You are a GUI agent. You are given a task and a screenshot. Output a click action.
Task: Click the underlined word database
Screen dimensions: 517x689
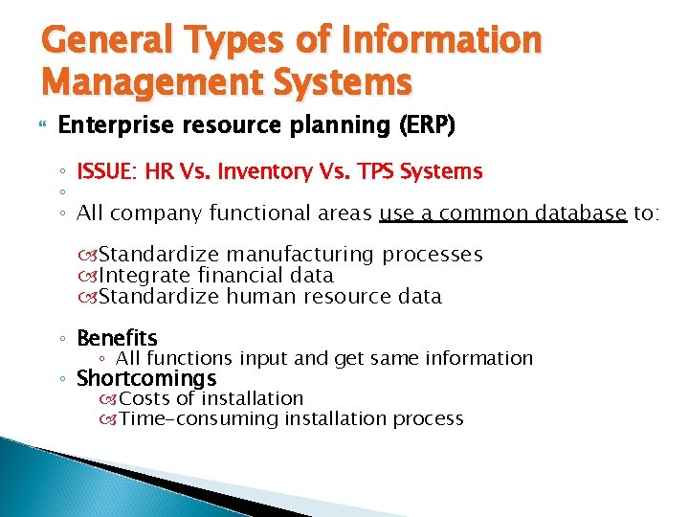point(572,213)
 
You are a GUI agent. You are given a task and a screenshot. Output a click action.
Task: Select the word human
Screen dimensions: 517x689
point(256,297)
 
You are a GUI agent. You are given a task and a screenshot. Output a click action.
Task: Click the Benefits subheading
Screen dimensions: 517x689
point(117,338)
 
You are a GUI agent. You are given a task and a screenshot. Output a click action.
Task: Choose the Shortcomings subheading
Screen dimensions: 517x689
point(146,378)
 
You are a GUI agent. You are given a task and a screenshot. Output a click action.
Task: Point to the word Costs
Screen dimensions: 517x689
point(144,398)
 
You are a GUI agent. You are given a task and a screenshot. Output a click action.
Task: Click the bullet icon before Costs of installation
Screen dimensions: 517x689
point(108,399)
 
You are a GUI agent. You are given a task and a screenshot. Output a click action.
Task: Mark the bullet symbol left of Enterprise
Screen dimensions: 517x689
point(41,126)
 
